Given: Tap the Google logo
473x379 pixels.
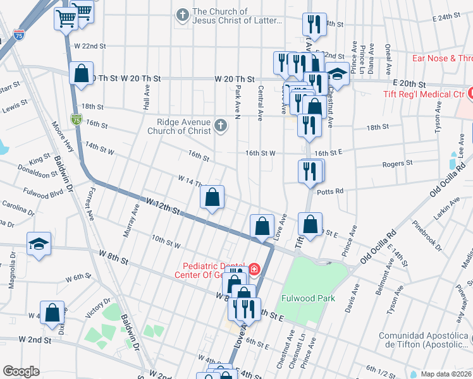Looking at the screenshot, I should point(21,371).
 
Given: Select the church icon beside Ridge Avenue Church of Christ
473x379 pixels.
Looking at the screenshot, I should point(220,125).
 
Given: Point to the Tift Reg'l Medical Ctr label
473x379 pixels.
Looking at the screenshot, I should point(424,94).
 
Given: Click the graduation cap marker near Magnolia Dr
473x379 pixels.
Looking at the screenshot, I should point(39,246).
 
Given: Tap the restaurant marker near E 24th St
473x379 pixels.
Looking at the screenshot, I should point(314,26).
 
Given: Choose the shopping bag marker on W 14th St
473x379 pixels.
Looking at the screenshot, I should point(212,198).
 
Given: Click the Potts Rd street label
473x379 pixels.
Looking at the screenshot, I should point(329,191).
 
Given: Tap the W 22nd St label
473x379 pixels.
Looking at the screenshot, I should point(90,46).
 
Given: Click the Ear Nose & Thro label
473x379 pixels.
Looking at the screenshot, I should point(442,59).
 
